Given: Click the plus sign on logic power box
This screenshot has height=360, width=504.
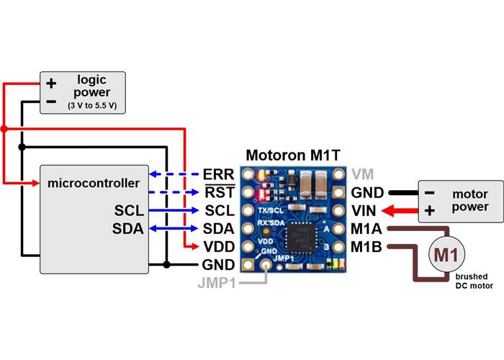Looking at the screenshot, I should [51, 84].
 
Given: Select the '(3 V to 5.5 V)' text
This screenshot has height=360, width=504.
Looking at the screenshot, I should [91, 106].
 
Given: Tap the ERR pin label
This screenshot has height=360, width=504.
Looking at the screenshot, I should [219, 175].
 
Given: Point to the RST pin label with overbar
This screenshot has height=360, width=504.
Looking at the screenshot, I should [219, 193].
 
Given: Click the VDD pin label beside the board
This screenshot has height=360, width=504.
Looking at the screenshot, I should [219, 247].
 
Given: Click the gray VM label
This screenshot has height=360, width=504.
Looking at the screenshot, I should [362, 175].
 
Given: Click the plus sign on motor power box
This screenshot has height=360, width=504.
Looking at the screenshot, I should [430, 212].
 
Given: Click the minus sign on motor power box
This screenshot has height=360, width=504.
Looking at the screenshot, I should [430, 194].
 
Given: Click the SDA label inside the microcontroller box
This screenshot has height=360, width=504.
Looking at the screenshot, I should [129, 229].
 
